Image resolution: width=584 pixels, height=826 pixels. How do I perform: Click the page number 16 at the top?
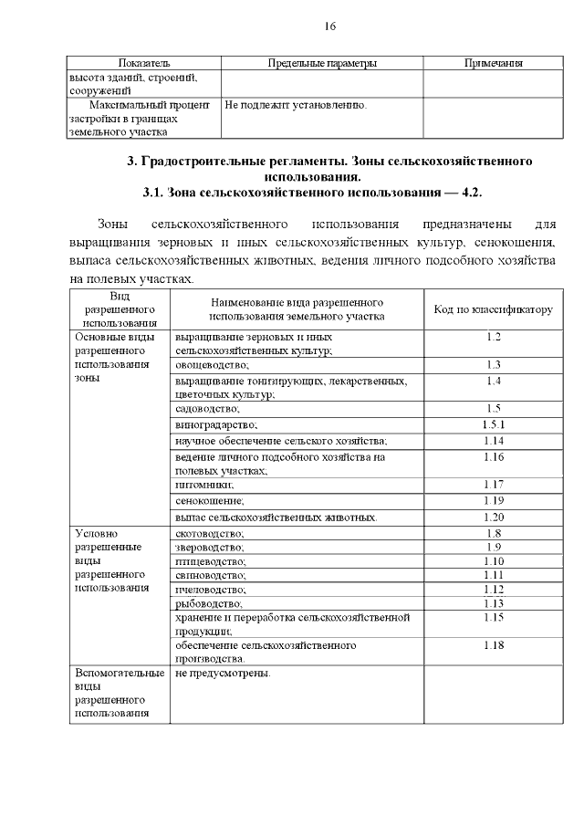click(x=330, y=26)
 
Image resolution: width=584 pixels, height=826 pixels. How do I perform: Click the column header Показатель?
click(x=144, y=63)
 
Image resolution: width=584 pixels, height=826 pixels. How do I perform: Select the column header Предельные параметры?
click(x=322, y=63)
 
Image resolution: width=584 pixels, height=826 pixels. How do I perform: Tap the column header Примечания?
click(x=493, y=63)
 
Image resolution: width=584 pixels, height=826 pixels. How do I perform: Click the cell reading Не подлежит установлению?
click(x=296, y=105)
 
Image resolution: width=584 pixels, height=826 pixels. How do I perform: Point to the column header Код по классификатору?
click(x=493, y=309)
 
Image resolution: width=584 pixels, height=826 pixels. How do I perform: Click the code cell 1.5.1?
click(x=494, y=424)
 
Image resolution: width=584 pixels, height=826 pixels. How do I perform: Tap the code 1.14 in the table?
click(x=494, y=441)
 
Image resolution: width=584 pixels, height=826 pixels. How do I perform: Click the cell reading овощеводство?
click(x=212, y=364)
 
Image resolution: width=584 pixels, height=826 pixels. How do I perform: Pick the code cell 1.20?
click(x=494, y=517)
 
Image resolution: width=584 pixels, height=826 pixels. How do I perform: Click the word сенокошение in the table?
click(x=210, y=500)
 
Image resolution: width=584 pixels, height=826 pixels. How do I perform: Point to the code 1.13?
click(x=494, y=603)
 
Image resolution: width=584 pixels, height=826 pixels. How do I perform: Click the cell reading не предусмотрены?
click(x=223, y=674)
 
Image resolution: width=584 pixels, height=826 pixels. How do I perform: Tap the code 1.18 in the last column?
click(x=494, y=645)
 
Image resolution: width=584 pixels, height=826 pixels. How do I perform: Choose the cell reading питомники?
click(x=203, y=485)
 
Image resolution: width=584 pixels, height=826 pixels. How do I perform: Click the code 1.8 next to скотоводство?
click(x=494, y=532)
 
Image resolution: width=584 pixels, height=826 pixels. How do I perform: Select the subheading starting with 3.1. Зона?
click(x=312, y=193)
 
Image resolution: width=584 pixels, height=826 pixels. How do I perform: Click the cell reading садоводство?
click(x=206, y=408)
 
